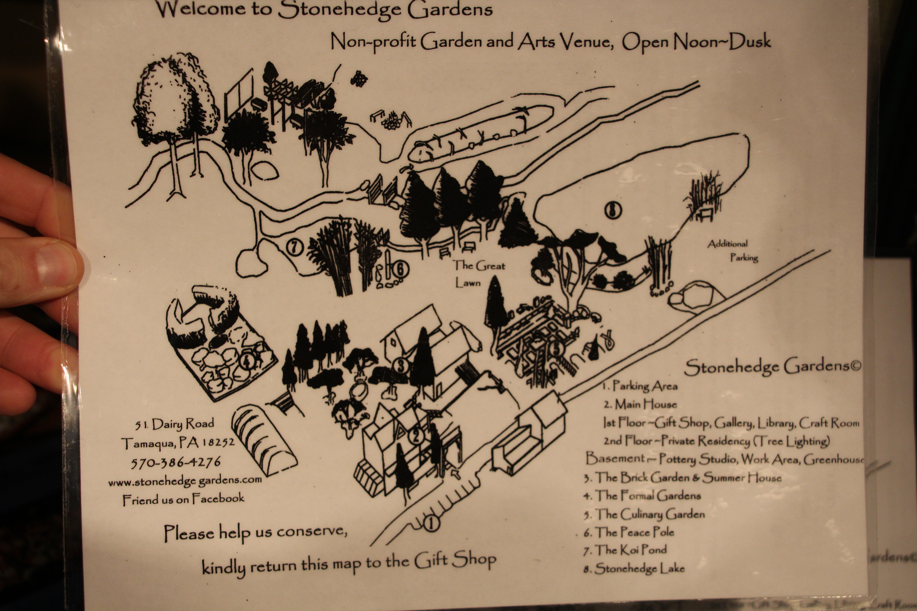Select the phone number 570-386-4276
coord(175,462)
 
